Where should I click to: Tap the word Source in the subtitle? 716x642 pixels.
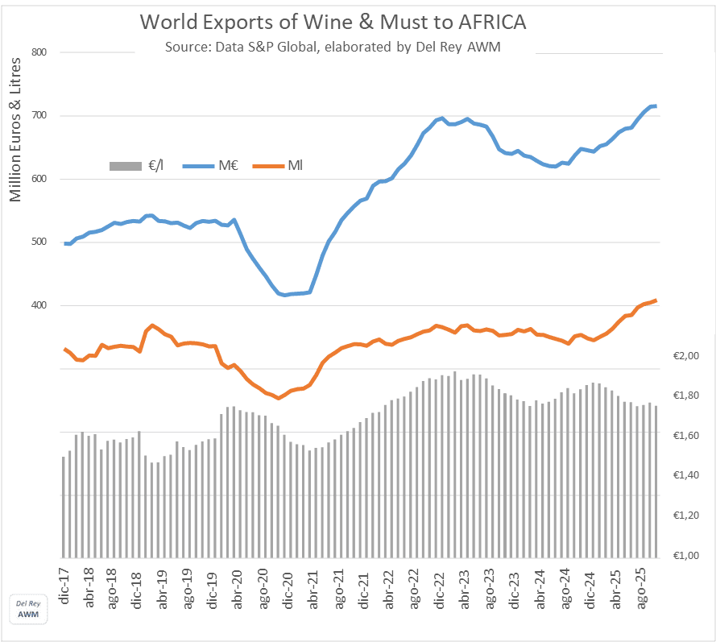186,47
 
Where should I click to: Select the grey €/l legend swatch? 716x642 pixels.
126,166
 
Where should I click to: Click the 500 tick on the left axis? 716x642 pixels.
41,242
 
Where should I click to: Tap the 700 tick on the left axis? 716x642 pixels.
41,116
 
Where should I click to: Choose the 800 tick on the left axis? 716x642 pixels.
41,53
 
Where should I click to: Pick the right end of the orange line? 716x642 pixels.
656,300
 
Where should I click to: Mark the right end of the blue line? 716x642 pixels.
656,106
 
